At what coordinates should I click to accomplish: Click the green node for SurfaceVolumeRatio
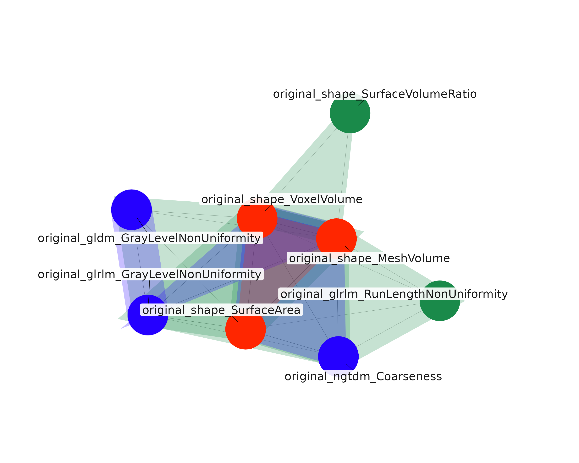350,113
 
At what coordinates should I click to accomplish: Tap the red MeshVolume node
336,239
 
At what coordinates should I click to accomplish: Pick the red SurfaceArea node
245,329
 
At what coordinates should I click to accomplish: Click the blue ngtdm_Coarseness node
338,357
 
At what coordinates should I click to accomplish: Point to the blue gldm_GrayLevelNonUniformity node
132,210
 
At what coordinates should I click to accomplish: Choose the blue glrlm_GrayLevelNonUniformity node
148,315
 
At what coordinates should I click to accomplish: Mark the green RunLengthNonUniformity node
440,301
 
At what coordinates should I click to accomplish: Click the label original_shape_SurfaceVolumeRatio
375,94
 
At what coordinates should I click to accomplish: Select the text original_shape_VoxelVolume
282,199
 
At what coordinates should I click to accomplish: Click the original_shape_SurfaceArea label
221,310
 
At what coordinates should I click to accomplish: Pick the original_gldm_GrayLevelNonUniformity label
150,238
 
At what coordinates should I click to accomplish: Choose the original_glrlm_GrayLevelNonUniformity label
150,274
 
